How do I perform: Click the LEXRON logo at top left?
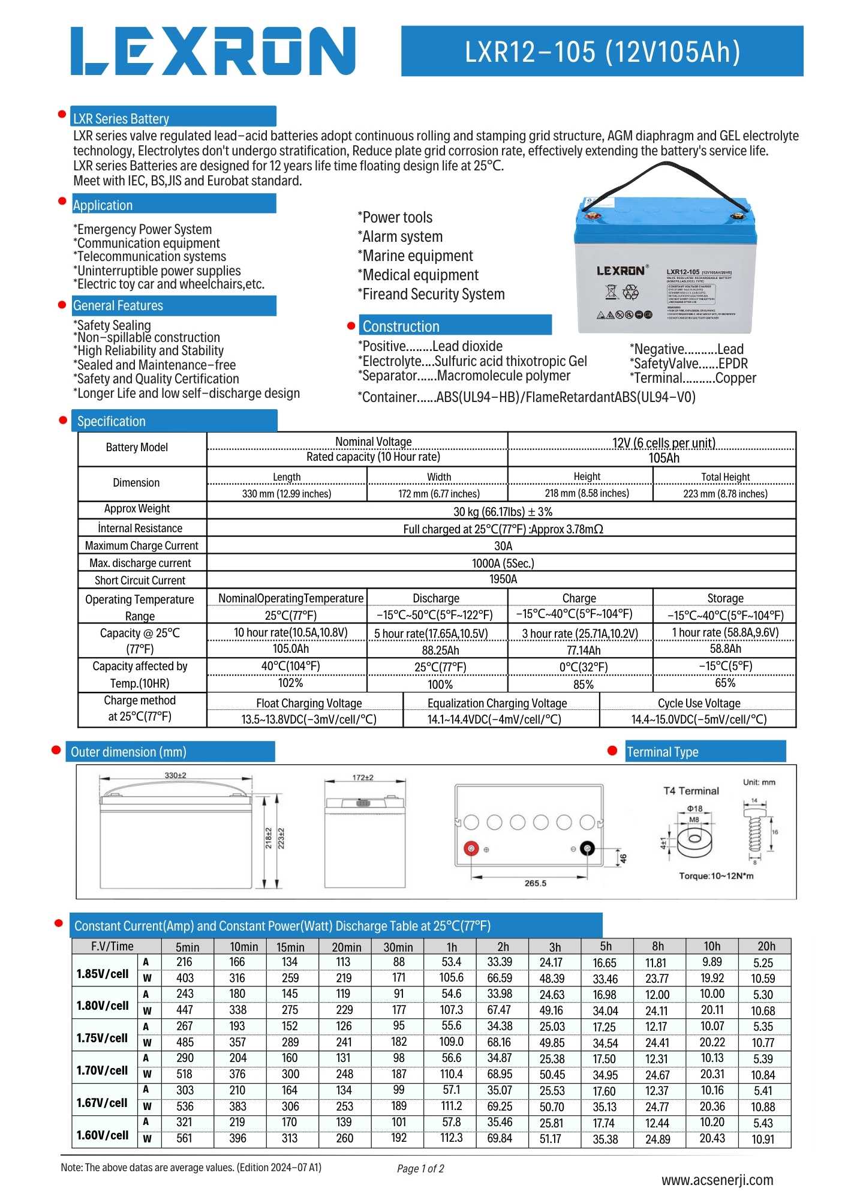(x=213, y=51)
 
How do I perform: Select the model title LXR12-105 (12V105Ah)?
(x=602, y=52)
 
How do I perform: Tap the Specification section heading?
(x=112, y=421)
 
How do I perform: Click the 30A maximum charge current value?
(x=503, y=546)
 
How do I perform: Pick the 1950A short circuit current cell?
(x=503, y=579)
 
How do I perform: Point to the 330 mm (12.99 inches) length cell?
(x=287, y=494)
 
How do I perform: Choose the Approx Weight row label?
(x=137, y=509)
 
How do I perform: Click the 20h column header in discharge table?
(x=766, y=946)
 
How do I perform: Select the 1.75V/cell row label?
(x=103, y=1038)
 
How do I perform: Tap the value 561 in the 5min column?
(x=184, y=1138)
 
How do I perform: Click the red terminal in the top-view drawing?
(x=471, y=848)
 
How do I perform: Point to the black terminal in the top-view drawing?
(x=588, y=848)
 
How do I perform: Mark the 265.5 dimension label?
(x=535, y=883)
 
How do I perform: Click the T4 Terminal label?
(x=691, y=791)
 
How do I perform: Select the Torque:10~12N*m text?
(x=716, y=876)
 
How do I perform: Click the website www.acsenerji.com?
(x=717, y=1180)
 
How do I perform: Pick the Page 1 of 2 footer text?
(x=420, y=1168)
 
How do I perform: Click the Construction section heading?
(x=401, y=326)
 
